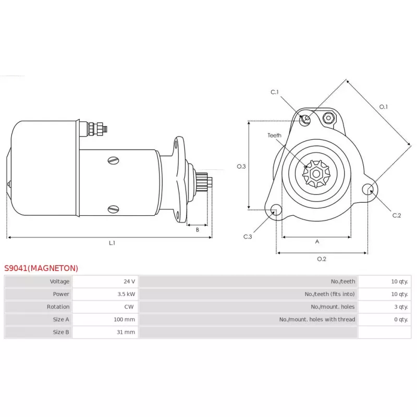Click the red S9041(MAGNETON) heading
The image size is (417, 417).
point(41,268)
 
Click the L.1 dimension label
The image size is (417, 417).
point(112,243)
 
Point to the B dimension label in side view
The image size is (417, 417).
point(197,230)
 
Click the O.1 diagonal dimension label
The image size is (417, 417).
point(383,107)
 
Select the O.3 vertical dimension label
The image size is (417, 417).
point(241,167)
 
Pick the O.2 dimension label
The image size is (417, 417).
point(322,259)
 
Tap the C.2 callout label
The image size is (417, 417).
point(396,215)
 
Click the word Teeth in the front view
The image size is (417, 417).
point(274,136)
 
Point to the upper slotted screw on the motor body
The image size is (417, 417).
point(114,160)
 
